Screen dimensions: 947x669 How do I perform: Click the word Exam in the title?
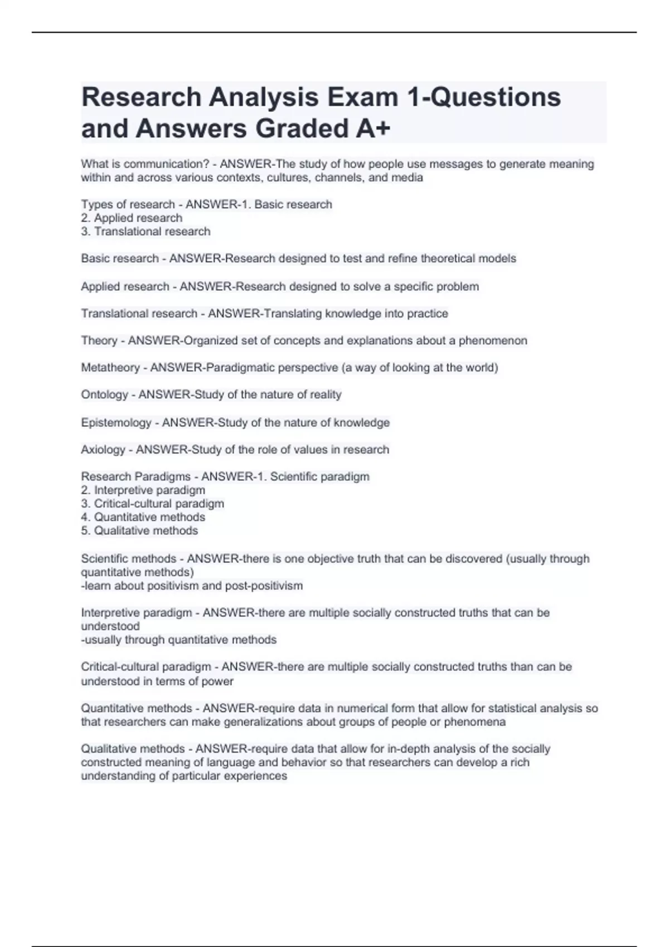pyautogui.click(x=362, y=97)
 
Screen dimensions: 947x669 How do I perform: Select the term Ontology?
pyautogui.click(x=105, y=394)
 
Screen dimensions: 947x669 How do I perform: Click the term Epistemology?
pyautogui.click(x=116, y=423)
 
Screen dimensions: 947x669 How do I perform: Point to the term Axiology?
pyautogui.click(x=103, y=450)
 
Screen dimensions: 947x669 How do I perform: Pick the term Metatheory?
pyautogui.click(x=110, y=368)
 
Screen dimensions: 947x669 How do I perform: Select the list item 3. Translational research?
pyautogui.click(x=146, y=231)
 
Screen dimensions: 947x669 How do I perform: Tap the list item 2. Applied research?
pyautogui.click(x=132, y=218)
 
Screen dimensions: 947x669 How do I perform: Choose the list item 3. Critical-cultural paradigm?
pyautogui.click(x=152, y=504)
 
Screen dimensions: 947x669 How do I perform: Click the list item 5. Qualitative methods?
pyautogui.click(x=139, y=530)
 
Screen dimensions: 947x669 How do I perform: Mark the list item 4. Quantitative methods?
pyautogui.click(x=143, y=517)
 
